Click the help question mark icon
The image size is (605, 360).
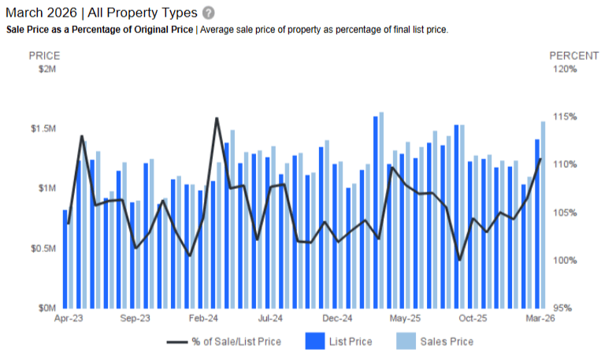tap(208, 13)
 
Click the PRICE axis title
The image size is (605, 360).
tap(44, 56)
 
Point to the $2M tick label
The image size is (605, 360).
tap(47, 69)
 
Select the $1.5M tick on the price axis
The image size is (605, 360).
tap(43, 128)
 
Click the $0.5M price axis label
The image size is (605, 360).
tap(43, 248)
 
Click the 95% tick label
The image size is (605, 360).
tap(566, 308)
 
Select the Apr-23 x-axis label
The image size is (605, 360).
tap(69, 319)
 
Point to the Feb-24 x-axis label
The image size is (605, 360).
tap(203, 319)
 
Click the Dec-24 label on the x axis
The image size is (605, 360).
tap(337, 319)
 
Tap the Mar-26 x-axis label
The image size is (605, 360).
tap(540, 319)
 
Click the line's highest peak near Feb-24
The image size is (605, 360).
tap(217, 119)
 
